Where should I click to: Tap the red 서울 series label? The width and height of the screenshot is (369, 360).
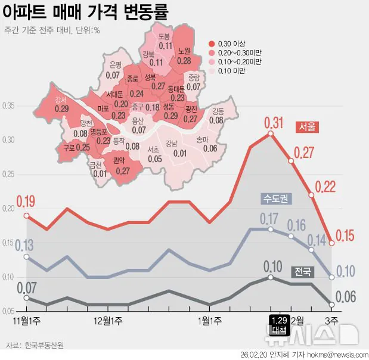(x=308, y=126)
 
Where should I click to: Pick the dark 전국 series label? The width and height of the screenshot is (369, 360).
(x=302, y=272)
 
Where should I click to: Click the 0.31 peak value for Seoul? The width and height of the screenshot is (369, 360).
(x=274, y=123)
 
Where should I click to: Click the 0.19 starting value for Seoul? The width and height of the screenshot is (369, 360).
(x=26, y=201)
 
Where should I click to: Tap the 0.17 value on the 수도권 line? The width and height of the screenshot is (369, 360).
(x=269, y=218)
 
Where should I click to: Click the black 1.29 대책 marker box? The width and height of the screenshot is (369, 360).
(x=278, y=324)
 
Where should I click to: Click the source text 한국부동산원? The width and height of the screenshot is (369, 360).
(x=44, y=345)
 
